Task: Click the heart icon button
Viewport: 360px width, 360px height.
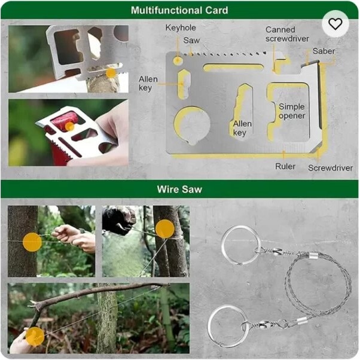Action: [x=335, y=24]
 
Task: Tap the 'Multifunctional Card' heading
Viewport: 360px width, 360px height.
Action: [x=179, y=10]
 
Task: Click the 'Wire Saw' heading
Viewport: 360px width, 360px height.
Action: [x=179, y=189]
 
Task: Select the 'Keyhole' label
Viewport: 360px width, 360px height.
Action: [x=181, y=28]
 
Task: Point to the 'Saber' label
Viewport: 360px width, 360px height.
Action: [x=324, y=51]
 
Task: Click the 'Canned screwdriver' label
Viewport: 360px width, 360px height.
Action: [x=287, y=34]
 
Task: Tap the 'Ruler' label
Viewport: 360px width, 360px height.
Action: [x=285, y=166]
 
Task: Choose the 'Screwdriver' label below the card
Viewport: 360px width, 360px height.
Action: [x=330, y=168]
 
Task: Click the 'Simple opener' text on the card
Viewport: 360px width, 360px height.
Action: [x=292, y=111]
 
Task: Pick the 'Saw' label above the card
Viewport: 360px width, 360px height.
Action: [x=191, y=41]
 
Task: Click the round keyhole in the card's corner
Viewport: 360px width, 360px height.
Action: [x=178, y=61]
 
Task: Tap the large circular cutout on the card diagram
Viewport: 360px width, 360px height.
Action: [x=193, y=124]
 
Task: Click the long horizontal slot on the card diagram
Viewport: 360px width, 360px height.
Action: [x=233, y=67]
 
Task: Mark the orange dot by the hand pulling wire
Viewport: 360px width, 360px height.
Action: [x=32, y=242]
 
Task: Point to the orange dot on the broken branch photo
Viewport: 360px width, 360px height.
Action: [x=35, y=336]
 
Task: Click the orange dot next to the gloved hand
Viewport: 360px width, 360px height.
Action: [x=165, y=229]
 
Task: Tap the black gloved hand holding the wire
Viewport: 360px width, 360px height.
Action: [x=119, y=220]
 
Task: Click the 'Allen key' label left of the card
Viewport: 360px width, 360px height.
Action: [x=148, y=83]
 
